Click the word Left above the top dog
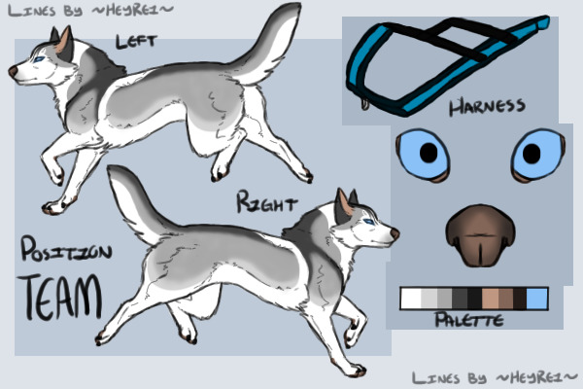[137, 42]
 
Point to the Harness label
[488, 107]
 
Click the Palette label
[468, 319]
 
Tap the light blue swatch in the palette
[537, 298]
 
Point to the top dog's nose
[14, 72]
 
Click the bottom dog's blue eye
[367, 223]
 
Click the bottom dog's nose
[394, 233]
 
